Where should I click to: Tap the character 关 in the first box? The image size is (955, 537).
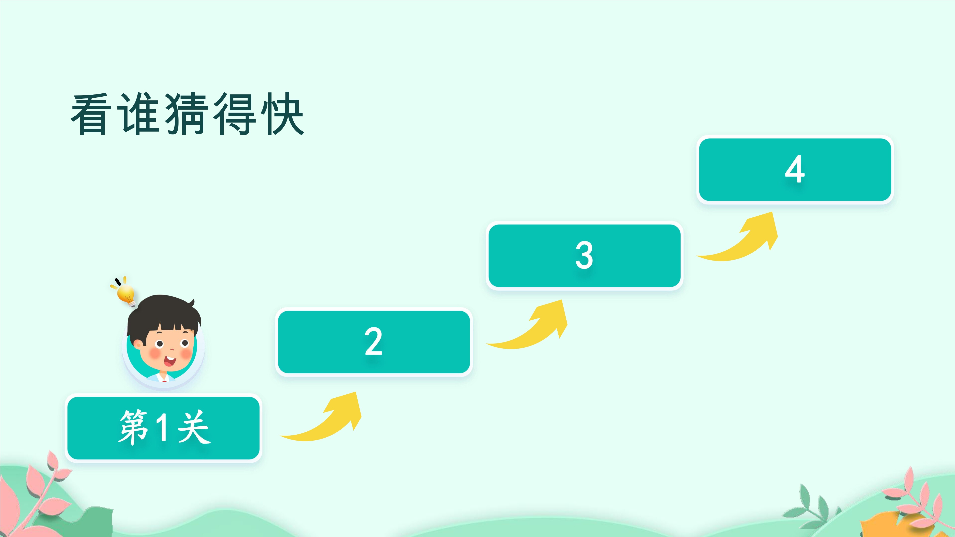click(194, 427)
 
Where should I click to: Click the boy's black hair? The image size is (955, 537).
click(163, 313)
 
